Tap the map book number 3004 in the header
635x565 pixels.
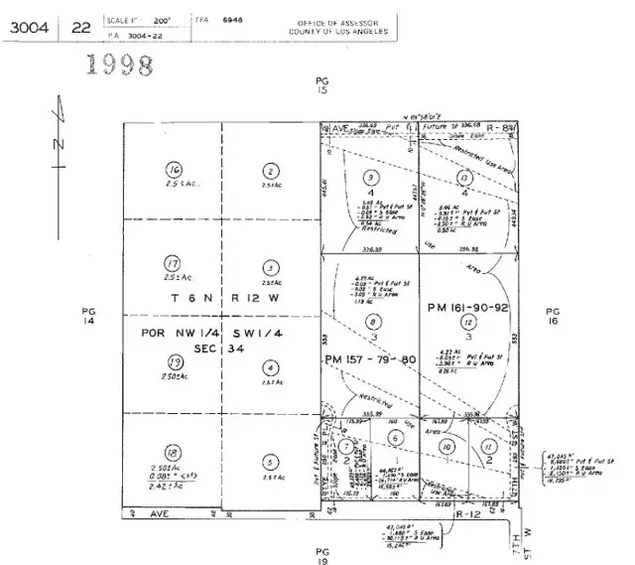[x=30, y=28]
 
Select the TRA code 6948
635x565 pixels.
[x=232, y=19]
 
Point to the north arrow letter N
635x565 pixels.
[x=58, y=145]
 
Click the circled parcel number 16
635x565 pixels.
[x=175, y=169]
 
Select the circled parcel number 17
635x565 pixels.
[x=173, y=263]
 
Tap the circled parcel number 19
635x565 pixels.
[x=174, y=361]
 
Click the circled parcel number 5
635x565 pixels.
[x=270, y=461]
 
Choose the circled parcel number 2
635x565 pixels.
[x=269, y=170]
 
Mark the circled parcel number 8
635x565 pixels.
[x=372, y=321]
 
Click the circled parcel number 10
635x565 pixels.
[x=447, y=448]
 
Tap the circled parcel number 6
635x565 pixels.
[x=395, y=438]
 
